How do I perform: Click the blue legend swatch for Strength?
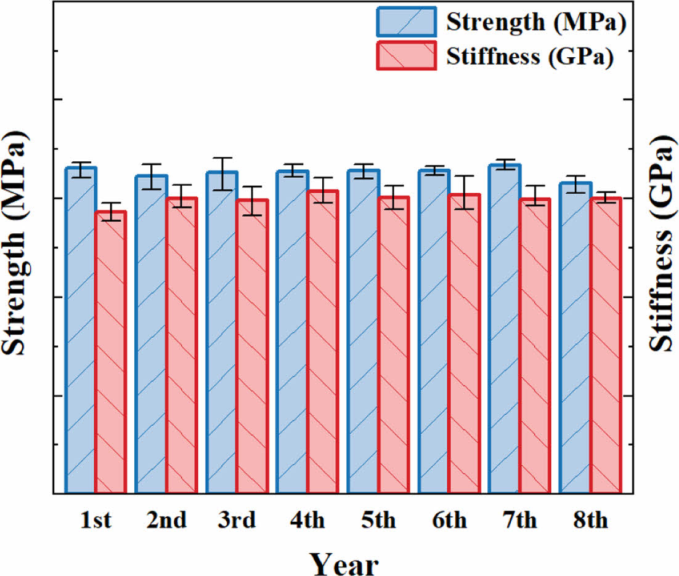(x=407, y=23)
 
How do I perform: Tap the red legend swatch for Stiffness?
(x=407, y=56)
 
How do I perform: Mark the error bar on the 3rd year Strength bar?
(x=222, y=174)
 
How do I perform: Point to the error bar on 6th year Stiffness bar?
(x=464, y=192)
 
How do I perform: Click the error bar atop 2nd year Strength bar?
(x=151, y=177)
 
